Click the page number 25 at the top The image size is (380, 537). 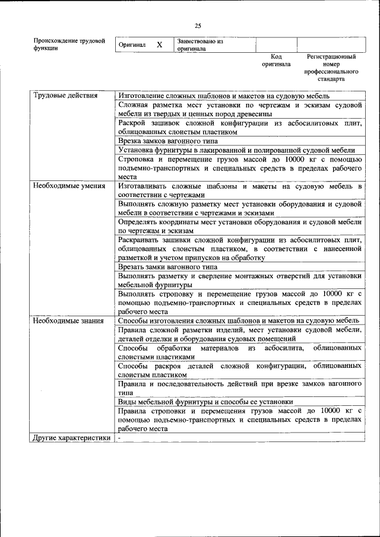[x=198, y=26]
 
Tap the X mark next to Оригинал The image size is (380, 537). [x=159, y=45]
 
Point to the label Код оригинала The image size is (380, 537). [x=276, y=60]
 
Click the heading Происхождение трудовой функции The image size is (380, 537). [x=69, y=45]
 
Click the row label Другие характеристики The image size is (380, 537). [x=72, y=438]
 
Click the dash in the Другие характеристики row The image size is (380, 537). [x=119, y=438]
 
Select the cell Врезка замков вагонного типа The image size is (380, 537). [x=168, y=141]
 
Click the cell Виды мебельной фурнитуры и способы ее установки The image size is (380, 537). [x=205, y=402]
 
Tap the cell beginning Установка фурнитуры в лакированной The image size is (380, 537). [x=236, y=150]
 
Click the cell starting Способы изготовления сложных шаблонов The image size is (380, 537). [x=238, y=320]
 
